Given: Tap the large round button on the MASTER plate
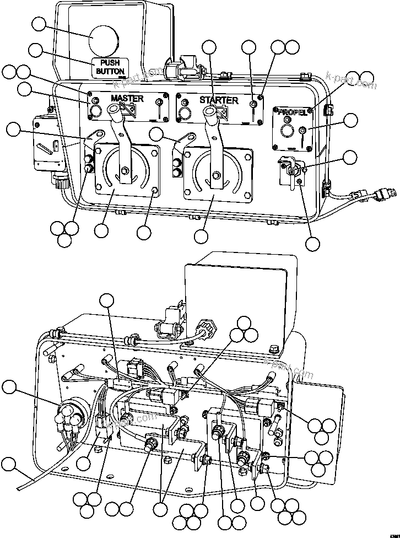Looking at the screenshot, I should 94,112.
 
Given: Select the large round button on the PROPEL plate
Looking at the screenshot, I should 285,132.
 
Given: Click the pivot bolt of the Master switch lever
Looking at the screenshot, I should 126,170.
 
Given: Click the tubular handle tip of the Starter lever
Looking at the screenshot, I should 209,112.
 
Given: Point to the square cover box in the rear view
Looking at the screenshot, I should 237,298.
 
